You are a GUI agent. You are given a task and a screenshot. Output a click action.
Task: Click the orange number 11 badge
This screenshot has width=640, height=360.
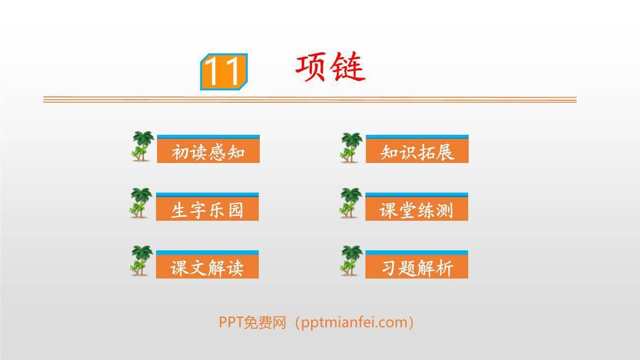pos(224,72)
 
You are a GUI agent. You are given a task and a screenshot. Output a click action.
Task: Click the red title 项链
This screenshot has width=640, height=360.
pos(330,68)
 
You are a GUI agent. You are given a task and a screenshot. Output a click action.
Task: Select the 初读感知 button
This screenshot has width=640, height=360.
pos(208,151)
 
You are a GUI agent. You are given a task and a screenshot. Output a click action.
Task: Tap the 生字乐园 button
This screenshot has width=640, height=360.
pos(207,209)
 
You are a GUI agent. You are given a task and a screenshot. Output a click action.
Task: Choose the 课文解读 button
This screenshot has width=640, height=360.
pos(207,267)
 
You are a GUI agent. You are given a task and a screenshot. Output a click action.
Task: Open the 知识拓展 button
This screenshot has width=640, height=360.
pos(417,151)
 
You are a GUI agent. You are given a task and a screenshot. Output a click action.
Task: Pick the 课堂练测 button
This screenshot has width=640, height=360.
pos(416,209)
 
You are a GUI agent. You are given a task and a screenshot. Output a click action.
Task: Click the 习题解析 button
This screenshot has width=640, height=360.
pos(416,267)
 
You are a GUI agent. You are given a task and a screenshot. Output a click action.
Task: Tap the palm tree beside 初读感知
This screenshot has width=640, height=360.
pos(143,146)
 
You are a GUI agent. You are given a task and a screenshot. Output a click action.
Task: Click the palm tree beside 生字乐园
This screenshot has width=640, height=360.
pos(141,202)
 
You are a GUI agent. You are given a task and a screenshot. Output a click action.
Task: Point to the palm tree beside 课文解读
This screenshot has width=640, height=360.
pos(141,260)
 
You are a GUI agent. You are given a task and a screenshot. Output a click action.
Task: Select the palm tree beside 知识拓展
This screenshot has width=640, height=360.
pos(351,147)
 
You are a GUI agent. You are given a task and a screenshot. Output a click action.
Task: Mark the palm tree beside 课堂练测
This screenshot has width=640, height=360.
pos(351,203)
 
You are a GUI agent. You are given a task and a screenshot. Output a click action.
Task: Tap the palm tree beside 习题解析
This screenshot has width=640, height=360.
pos(351,260)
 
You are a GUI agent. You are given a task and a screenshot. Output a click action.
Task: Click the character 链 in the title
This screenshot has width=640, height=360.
pos(348,68)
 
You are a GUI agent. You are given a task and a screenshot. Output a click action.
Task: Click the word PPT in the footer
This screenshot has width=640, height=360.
pos(231,322)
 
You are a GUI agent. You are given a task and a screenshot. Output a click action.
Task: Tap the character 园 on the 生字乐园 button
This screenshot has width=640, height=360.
pos(236,210)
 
